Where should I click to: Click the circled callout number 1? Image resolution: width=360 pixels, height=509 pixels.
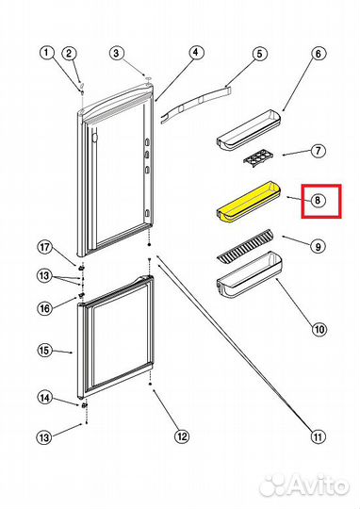click(x=47, y=53)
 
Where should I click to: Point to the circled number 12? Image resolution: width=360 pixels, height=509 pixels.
click(x=182, y=436)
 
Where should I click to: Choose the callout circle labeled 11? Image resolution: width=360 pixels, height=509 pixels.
click(x=319, y=436)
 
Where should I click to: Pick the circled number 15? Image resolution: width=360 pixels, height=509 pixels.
click(x=44, y=351)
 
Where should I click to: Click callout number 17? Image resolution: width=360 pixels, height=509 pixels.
click(x=44, y=248)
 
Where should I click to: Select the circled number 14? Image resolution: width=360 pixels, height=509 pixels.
click(x=45, y=398)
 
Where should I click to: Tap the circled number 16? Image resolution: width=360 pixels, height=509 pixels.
click(x=44, y=308)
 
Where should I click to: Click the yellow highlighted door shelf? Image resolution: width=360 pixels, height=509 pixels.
click(x=249, y=202)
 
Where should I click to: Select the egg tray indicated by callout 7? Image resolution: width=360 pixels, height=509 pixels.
click(x=258, y=159)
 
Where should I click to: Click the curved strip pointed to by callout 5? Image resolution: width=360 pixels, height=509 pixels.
click(x=196, y=104)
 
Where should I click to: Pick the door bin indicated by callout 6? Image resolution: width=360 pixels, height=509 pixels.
click(x=250, y=130)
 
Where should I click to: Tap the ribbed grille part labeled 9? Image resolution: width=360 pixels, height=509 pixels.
click(x=245, y=245)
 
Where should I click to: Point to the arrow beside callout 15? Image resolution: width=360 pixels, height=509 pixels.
click(x=63, y=352)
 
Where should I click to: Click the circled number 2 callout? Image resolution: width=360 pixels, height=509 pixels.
click(x=69, y=54)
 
